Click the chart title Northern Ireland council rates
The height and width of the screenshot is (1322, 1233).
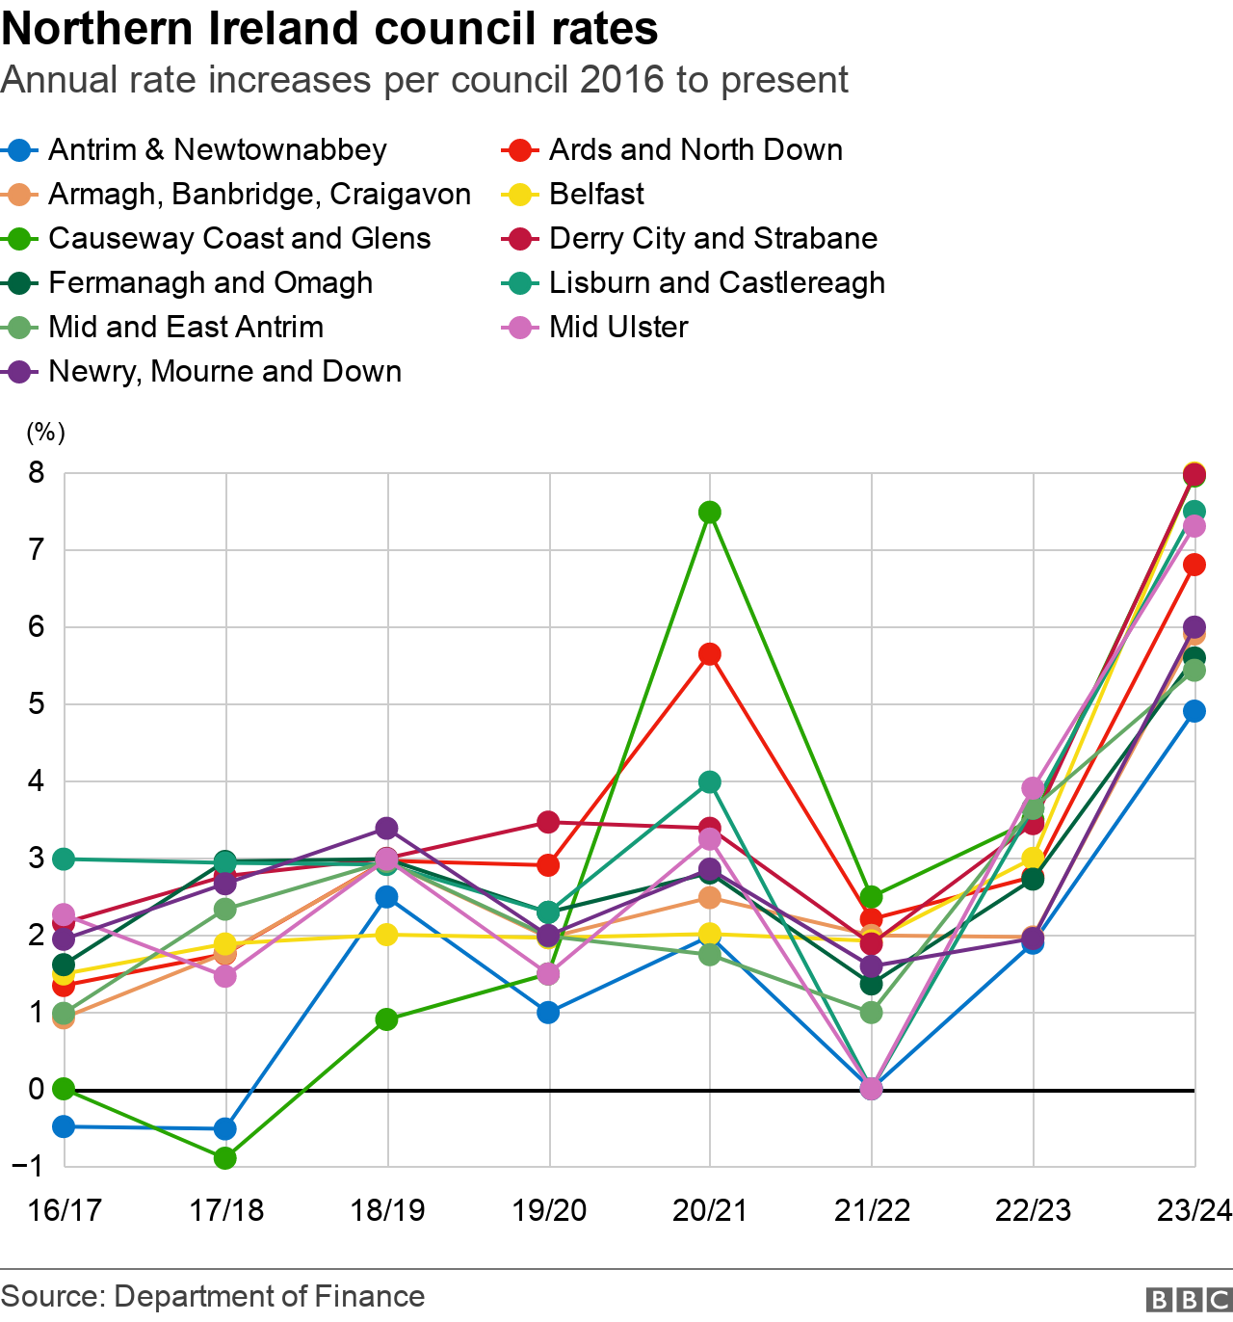point(329,29)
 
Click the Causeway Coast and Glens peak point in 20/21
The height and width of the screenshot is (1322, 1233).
point(710,512)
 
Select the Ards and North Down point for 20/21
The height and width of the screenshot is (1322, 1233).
point(710,654)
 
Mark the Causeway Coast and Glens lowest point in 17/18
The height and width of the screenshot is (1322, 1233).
point(225,1157)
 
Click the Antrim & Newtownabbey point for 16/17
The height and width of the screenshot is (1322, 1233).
point(64,1126)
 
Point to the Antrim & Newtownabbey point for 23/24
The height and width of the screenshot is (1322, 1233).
point(1194,711)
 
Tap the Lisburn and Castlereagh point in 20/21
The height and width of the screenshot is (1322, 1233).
point(710,781)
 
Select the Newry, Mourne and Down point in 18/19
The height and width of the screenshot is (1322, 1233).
point(387,828)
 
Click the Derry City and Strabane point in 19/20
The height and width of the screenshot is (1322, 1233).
point(548,822)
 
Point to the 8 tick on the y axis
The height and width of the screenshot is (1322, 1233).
point(37,472)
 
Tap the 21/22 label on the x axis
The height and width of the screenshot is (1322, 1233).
point(872,1210)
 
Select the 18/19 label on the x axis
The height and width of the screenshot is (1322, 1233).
point(387,1210)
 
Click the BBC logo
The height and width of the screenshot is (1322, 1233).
point(1189,1300)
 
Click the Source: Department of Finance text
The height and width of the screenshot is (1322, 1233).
point(213,1297)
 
